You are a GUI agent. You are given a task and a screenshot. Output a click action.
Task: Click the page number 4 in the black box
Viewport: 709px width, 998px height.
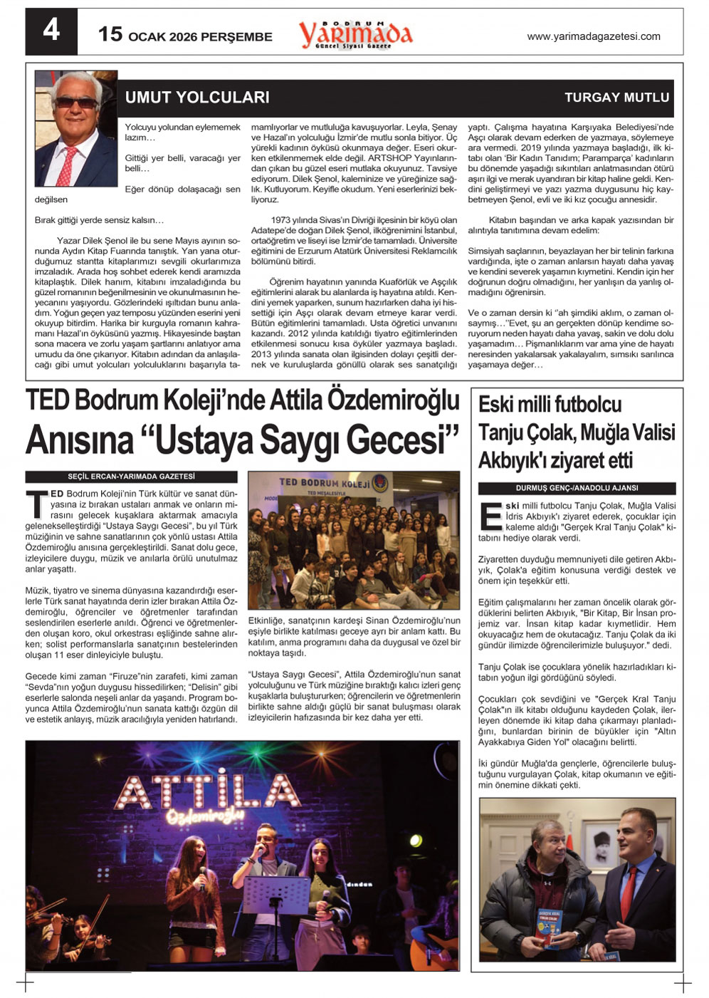[51, 31]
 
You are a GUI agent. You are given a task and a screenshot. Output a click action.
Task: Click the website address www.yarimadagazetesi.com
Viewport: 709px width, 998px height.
[593, 36]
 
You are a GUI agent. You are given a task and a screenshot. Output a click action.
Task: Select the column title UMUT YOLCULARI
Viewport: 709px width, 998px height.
[197, 98]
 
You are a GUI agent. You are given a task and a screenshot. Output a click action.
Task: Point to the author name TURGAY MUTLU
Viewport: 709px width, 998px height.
[616, 98]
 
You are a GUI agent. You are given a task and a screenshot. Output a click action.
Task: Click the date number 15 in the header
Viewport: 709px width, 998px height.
[110, 34]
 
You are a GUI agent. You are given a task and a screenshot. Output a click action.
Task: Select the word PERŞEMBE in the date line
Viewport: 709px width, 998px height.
[236, 37]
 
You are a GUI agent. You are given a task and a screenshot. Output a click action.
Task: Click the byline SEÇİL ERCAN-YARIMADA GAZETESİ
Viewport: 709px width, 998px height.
[131, 477]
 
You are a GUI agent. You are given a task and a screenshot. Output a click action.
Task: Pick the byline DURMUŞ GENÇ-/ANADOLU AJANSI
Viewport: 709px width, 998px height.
[577, 488]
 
